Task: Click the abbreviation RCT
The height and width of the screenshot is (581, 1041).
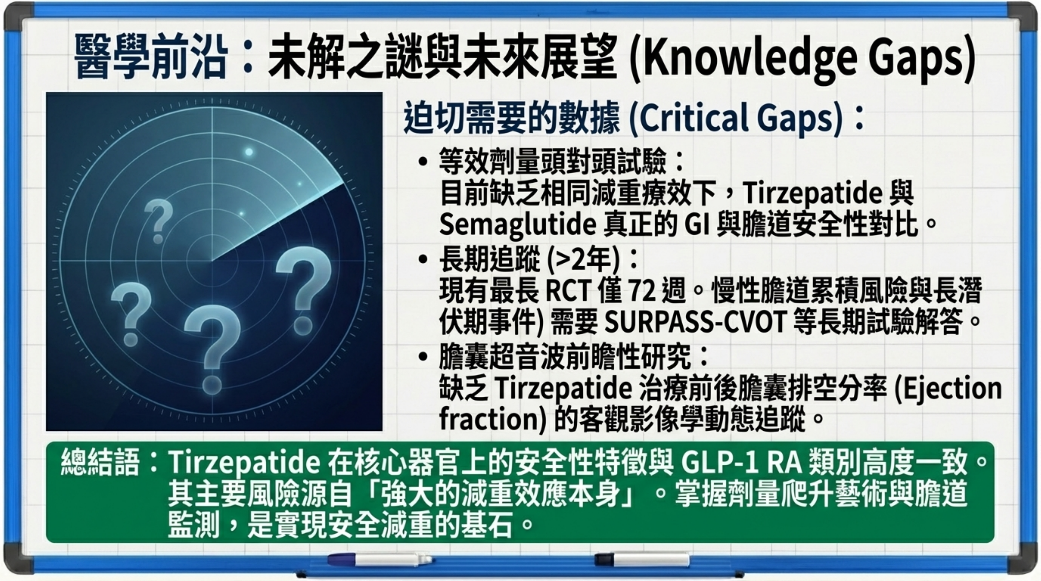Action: coord(569,290)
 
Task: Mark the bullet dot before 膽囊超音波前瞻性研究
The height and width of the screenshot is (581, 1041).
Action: coord(423,357)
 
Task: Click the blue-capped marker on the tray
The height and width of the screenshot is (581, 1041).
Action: coord(380,559)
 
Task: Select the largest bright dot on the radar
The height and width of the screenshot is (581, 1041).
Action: coord(249,152)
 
